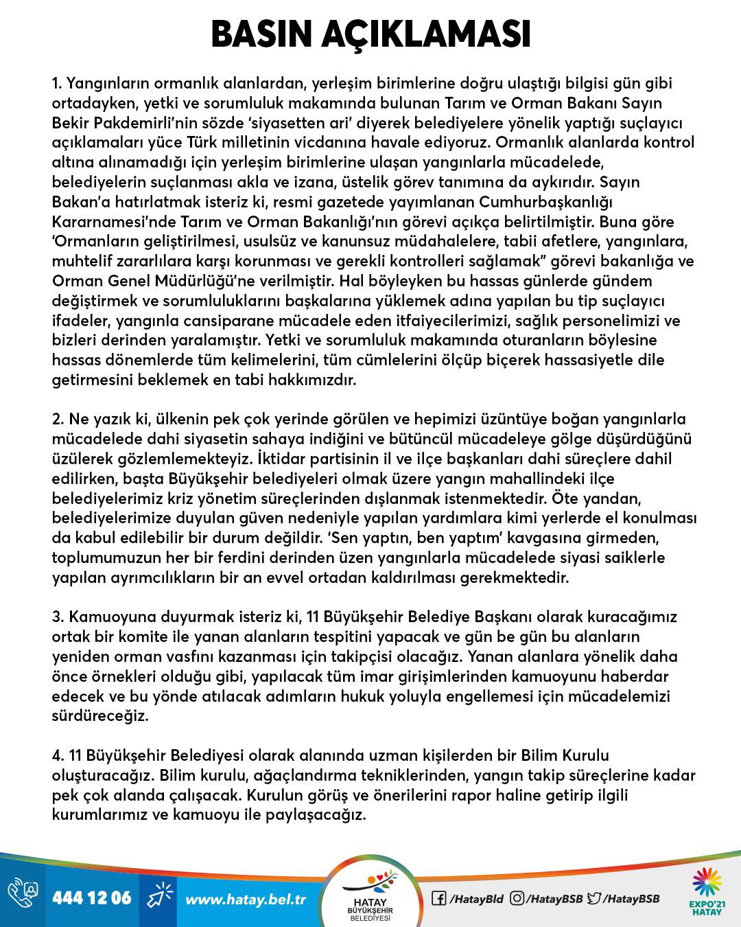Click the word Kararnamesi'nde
[113, 222]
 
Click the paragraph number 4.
[58, 755]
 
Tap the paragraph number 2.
[58, 419]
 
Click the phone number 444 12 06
[91, 897]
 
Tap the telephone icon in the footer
[22, 897]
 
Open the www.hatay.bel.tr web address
[246, 898]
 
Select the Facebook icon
[438, 897]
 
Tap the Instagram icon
[517, 897]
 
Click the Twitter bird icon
[596, 897]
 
